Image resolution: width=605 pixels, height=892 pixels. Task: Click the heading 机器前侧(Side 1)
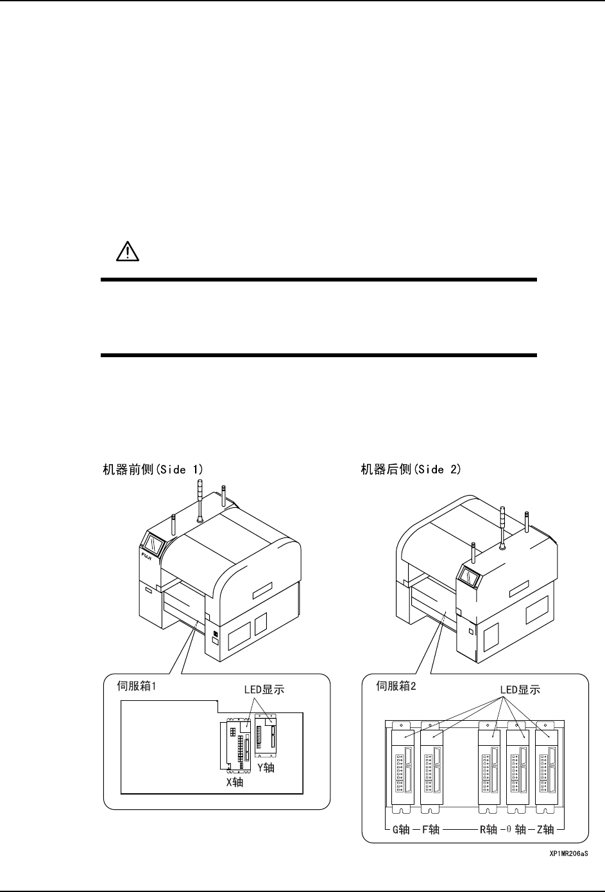click(x=153, y=469)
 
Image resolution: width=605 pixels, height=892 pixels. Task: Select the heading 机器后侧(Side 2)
click(x=411, y=469)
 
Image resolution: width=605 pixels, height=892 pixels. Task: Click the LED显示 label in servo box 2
click(x=520, y=690)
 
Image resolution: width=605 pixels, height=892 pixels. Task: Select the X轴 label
click(x=234, y=782)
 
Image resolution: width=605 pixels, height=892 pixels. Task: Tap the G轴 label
click(x=401, y=829)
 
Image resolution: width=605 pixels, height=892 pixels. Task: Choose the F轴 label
click(x=431, y=829)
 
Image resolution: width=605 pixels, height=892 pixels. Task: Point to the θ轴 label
click(x=516, y=829)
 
